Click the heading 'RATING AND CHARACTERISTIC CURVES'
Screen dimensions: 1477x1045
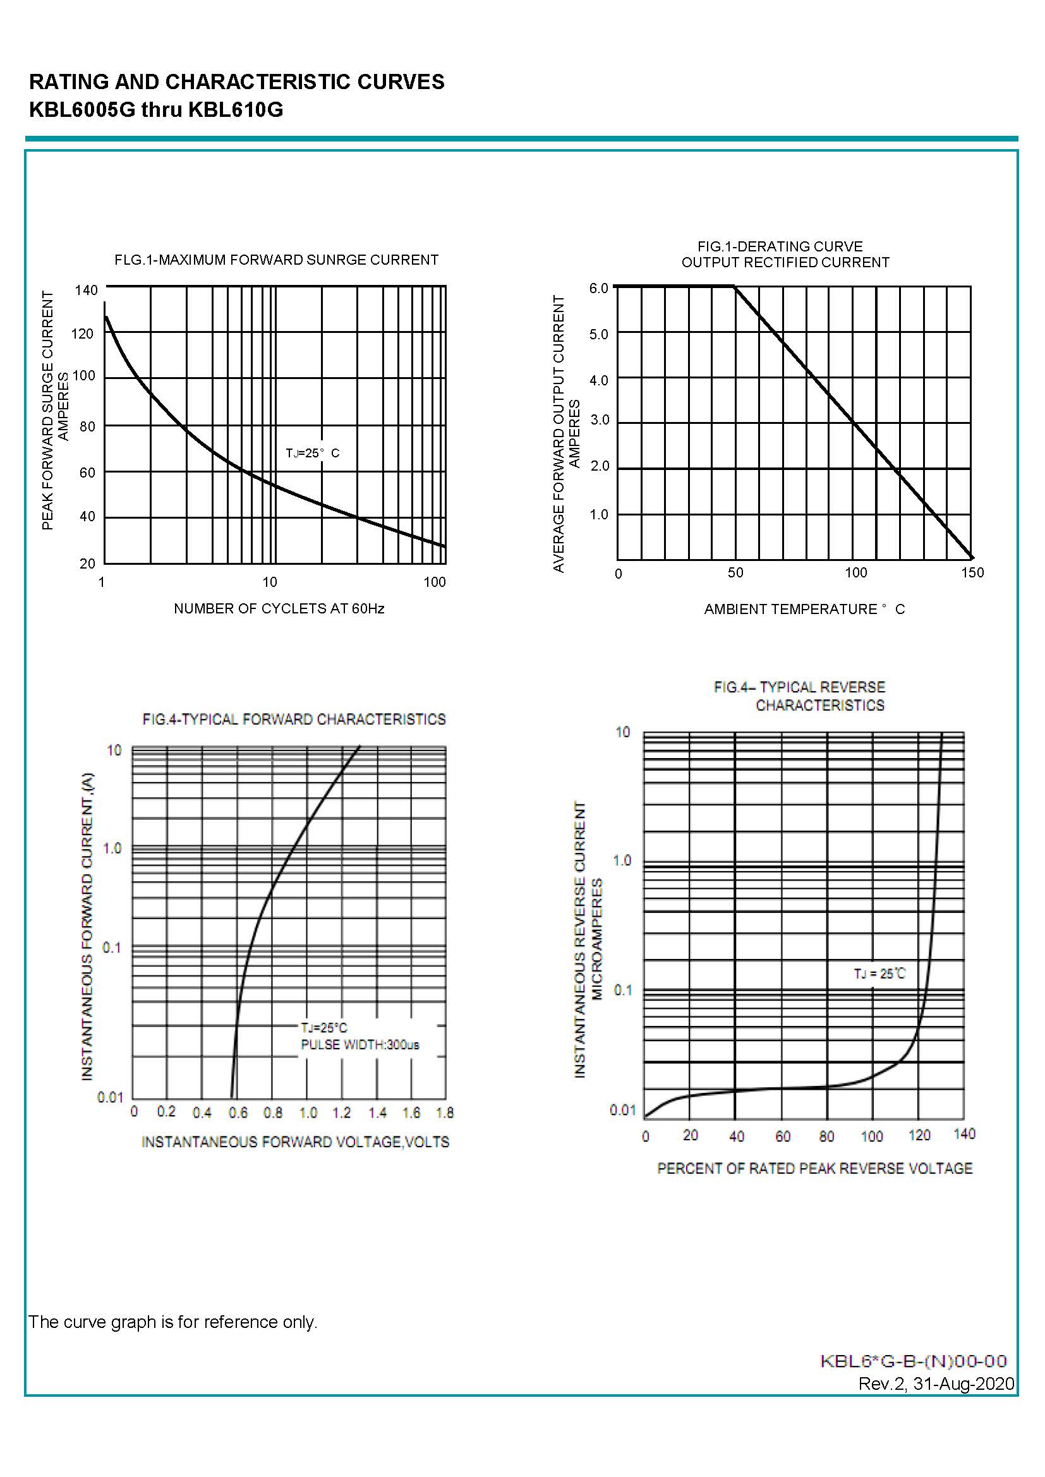click(x=237, y=82)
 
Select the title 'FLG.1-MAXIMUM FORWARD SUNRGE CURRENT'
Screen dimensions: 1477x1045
click(x=276, y=260)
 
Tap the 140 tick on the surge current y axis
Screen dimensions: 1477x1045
click(x=86, y=290)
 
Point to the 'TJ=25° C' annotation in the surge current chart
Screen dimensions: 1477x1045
click(x=312, y=453)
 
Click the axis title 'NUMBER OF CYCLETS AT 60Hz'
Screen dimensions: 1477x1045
click(x=279, y=608)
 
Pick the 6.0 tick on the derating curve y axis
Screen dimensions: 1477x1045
click(x=598, y=288)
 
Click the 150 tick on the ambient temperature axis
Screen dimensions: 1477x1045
click(x=972, y=572)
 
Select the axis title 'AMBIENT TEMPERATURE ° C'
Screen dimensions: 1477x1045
click(x=804, y=609)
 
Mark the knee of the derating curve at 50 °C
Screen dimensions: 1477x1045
click(x=734, y=287)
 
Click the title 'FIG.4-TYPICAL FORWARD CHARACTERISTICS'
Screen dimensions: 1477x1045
click(x=294, y=719)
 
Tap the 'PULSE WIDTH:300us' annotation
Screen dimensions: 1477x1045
click(x=359, y=1045)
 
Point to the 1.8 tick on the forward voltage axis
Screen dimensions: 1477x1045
click(x=445, y=1112)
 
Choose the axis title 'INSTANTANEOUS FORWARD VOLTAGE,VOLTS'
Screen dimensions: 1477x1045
click(x=295, y=1142)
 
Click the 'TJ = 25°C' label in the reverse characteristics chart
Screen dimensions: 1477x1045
click(x=879, y=974)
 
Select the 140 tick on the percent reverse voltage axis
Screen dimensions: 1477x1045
click(x=964, y=1134)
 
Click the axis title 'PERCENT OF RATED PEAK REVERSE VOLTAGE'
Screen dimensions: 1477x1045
click(x=814, y=1168)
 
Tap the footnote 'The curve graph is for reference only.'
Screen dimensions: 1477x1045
click(x=173, y=1322)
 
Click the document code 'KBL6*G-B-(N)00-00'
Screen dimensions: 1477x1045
click(x=914, y=1361)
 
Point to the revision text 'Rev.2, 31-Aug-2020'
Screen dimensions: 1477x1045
click(x=936, y=1384)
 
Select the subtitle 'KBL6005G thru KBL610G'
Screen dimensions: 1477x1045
click(x=156, y=110)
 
